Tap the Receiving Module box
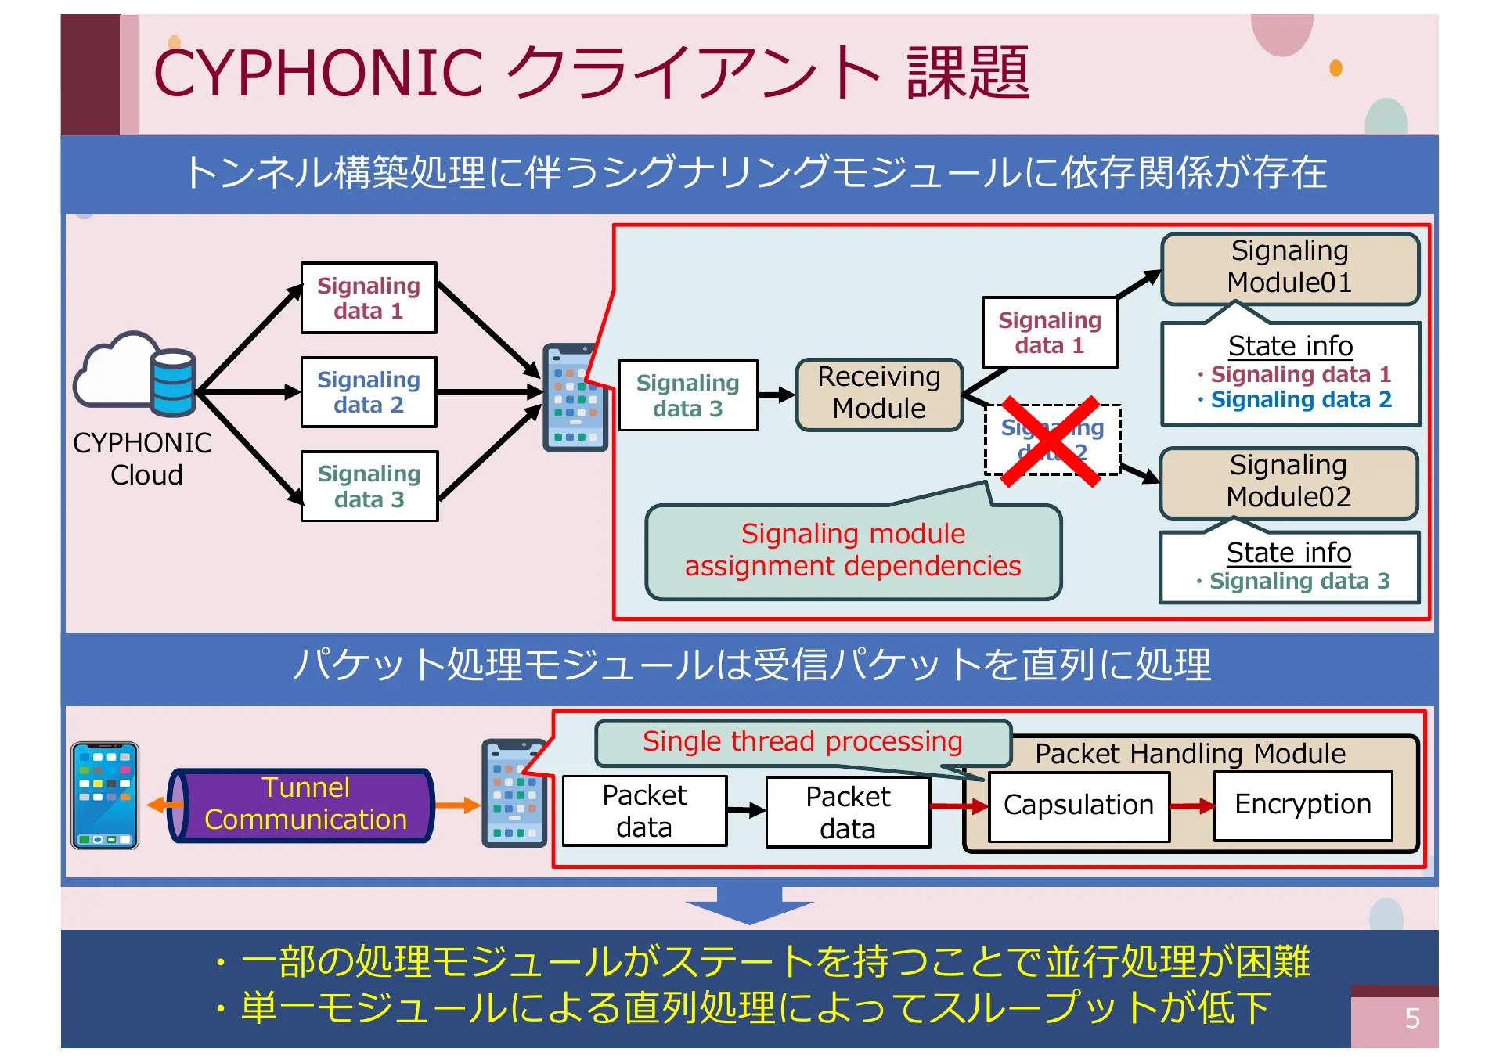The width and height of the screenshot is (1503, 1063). pos(878,394)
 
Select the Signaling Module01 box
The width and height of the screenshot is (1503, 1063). pos(1289,268)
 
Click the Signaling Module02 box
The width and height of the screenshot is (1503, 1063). pos(1288,481)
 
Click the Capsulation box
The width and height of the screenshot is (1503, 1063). pos(1078,805)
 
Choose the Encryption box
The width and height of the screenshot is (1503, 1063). pos(1303,805)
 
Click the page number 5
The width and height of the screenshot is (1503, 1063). pos(1411,1018)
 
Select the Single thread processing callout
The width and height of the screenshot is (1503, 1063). pos(802,742)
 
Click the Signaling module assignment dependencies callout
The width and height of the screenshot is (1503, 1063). pos(852,550)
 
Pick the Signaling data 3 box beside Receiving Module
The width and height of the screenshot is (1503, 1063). pos(687,395)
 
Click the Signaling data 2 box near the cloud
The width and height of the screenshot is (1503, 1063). pos(369,392)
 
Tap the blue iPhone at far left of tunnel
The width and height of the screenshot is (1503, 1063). pos(105,795)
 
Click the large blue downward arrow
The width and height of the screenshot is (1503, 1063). pos(749,905)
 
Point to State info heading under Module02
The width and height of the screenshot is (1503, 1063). pos(1289,553)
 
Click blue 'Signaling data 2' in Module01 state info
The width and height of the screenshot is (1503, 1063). pos(1300,400)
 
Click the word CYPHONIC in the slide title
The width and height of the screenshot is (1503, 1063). pos(317,74)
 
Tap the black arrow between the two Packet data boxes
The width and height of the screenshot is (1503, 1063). pos(745,811)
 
